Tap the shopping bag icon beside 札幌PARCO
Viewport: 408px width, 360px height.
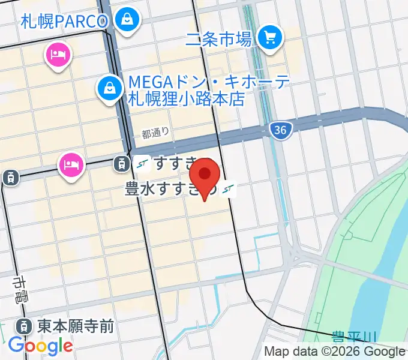click(127, 20)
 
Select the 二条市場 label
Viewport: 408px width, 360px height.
click(218, 40)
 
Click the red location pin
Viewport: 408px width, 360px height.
click(205, 175)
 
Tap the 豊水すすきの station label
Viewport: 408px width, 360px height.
click(172, 190)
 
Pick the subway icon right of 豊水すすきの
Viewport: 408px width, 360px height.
click(227, 190)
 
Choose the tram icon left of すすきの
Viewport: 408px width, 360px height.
click(121, 162)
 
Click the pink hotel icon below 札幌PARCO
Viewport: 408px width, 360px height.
click(58, 56)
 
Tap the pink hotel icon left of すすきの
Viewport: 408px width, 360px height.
click(71, 164)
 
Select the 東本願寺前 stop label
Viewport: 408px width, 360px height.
click(75, 326)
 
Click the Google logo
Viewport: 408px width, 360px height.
click(41, 346)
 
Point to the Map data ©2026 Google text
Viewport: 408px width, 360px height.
click(335, 352)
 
